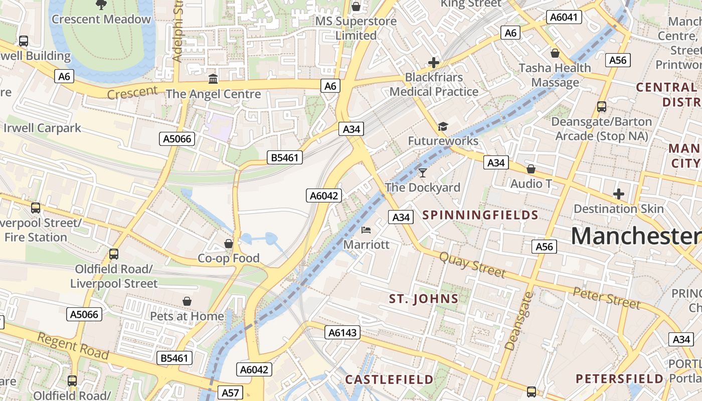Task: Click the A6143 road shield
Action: (343, 332)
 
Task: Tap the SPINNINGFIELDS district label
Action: (480, 216)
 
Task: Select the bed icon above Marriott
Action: (366, 230)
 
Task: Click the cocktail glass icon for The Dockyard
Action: (423, 173)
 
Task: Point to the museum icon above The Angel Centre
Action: (213, 79)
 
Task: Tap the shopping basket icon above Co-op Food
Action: (229, 244)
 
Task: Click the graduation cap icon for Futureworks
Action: (443, 126)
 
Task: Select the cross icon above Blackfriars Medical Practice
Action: (434, 63)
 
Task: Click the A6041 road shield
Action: (564, 18)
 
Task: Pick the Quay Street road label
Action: (472, 265)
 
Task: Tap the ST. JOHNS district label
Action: (424, 299)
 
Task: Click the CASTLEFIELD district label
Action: (389, 379)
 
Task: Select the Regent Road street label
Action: (73, 346)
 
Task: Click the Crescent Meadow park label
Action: (101, 20)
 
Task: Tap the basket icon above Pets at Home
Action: (187, 301)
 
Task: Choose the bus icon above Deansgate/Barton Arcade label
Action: (601, 107)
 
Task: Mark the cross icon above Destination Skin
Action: (619, 194)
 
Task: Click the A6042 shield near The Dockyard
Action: (324, 195)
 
